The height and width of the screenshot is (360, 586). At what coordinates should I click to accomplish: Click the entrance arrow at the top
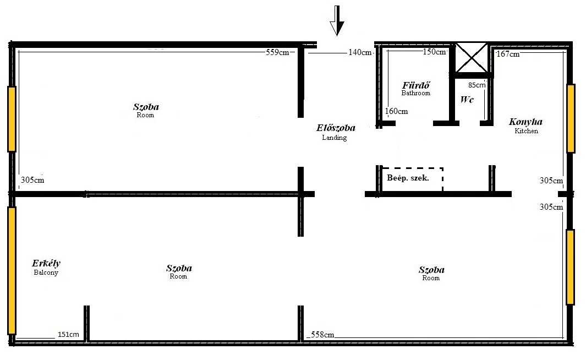tap(337, 20)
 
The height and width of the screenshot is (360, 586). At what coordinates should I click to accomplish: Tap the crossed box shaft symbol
tap(471, 57)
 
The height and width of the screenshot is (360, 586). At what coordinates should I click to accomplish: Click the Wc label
tap(467, 100)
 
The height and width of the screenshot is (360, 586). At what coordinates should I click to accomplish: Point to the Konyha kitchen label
tap(526, 126)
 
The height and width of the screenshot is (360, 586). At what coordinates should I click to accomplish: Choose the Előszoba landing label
tap(336, 132)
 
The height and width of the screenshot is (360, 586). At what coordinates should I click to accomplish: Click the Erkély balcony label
tap(46, 268)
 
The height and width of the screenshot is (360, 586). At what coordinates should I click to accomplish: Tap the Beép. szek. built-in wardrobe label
tap(408, 178)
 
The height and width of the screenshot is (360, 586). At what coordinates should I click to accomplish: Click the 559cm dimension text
tap(277, 52)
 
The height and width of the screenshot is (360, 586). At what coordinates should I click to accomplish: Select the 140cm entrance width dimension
tap(360, 52)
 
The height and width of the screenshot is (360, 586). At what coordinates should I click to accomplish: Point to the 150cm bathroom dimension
tap(434, 52)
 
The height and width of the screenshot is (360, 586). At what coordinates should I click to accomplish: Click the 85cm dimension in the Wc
tap(477, 85)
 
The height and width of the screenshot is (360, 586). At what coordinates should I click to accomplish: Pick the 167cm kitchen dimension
tap(508, 54)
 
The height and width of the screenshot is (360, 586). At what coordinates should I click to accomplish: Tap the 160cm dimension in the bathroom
tap(396, 111)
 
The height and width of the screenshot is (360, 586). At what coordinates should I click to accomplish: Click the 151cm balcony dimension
tap(68, 334)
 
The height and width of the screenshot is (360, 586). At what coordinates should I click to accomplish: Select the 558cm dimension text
tap(322, 335)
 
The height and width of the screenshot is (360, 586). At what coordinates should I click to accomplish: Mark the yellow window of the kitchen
tap(571, 118)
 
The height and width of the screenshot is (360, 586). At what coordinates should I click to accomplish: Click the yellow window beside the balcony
tap(12, 271)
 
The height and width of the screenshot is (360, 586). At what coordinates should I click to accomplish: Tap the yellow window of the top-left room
tap(12, 119)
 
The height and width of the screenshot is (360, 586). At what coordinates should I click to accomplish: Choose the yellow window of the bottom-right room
tap(570, 267)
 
